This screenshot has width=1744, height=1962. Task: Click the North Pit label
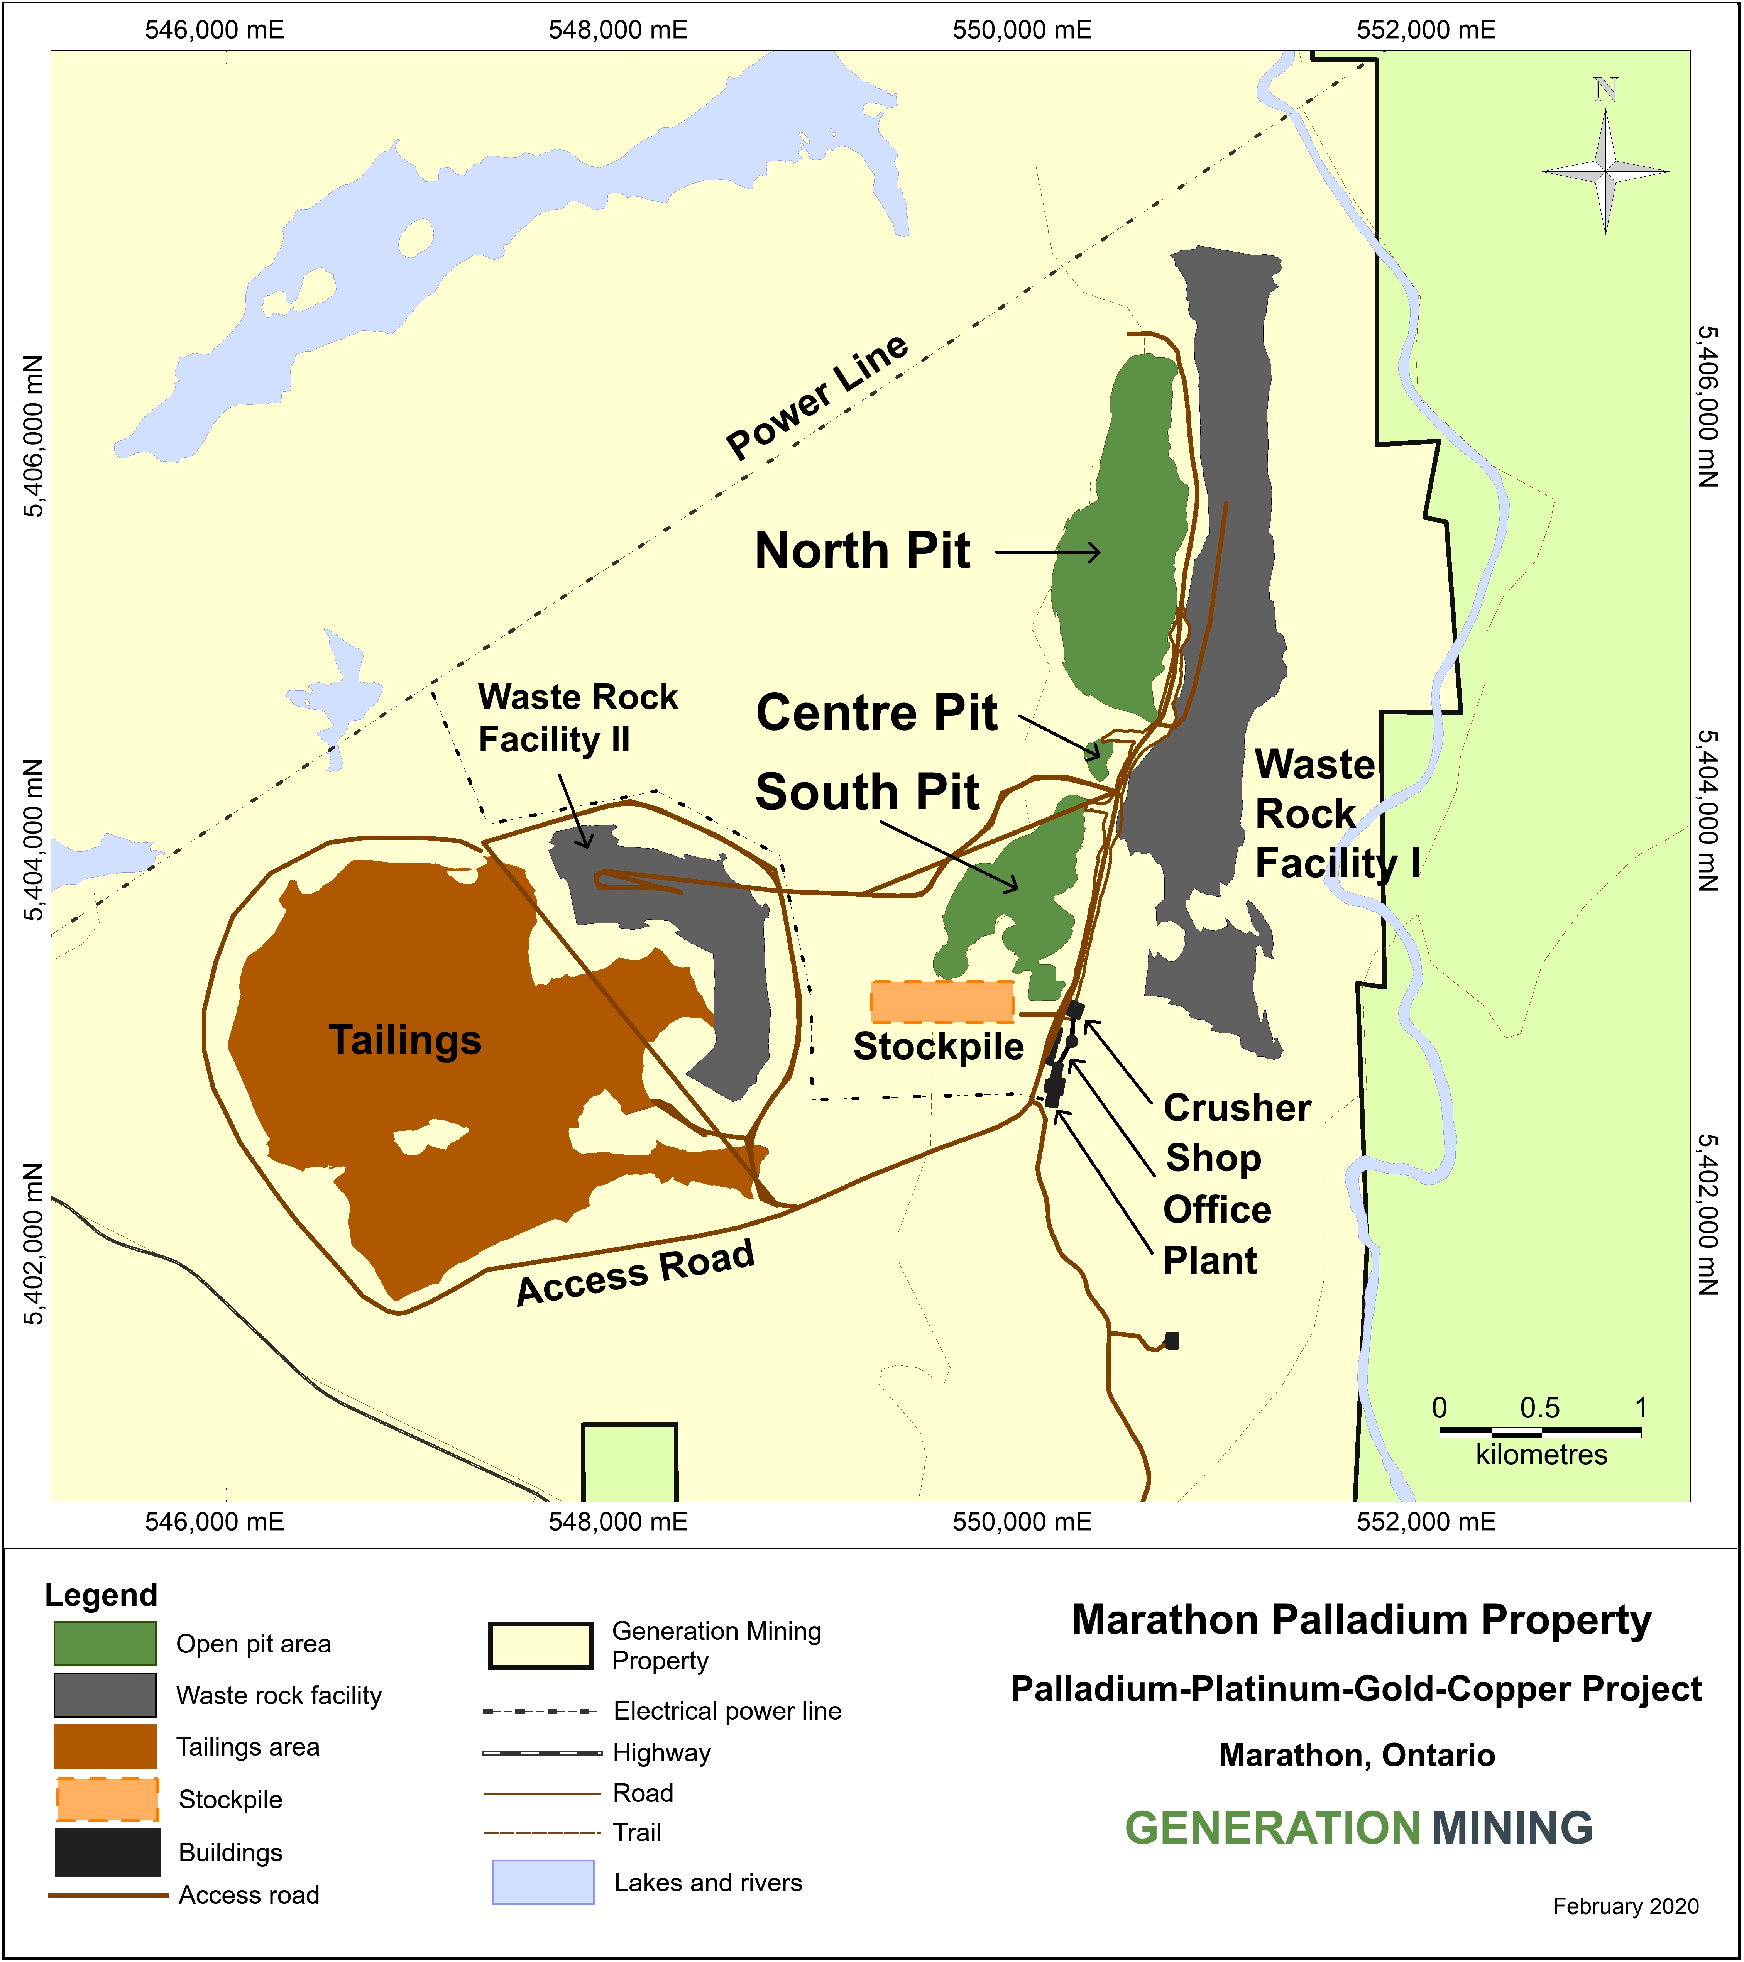coord(863,551)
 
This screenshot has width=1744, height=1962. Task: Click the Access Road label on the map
coord(635,1274)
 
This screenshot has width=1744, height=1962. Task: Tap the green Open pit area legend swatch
coord(105,1643)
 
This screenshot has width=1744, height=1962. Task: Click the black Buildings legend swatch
coord(107,1852)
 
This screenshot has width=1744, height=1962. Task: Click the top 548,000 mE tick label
coord(618,30)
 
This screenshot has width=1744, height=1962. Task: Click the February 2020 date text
coord(1625,1906)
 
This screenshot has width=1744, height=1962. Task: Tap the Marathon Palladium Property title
coord(1361,1619)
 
